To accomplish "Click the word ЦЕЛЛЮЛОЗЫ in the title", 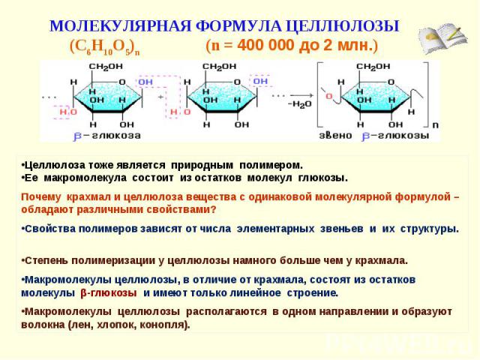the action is click(343, 25).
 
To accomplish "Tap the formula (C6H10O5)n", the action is click(105, 47).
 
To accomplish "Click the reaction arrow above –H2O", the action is click(301, 95).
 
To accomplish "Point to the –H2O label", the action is click(300, 104).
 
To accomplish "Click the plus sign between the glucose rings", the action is click(160, 97).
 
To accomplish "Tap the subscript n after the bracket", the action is click(435, 125).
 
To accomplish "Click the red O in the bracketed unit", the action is click(328, 97).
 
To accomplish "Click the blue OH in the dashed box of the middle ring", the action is click(260, 81).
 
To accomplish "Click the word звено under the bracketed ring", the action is click(335, 135).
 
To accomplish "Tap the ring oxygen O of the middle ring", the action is click(237, 82).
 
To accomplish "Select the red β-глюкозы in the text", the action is click(109, 293).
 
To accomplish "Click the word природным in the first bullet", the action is click(202, 165).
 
